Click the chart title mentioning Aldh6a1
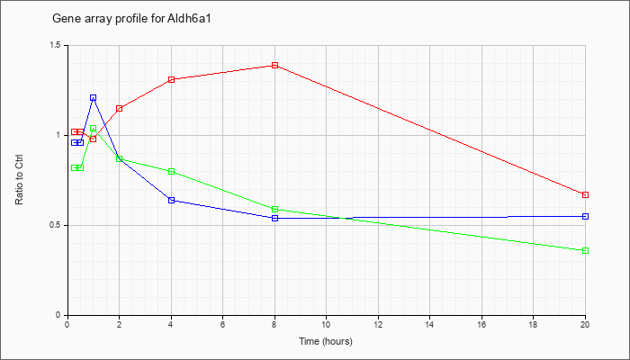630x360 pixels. point(131,19)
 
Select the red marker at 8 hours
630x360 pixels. point(274,65)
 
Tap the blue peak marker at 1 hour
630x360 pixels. point(94,97)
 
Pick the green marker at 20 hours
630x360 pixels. point(585,251)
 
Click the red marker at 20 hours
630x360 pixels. point(585,195)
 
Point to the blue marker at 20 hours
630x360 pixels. point(585,217)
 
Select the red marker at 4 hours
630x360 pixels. point(172,79)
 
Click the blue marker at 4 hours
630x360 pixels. point(172,200)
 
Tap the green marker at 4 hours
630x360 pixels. point(172,172)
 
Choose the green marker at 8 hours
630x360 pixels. point(274,210)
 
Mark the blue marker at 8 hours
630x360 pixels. point(274,218)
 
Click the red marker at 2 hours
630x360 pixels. point(120,109)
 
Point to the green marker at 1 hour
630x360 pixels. point(94,129)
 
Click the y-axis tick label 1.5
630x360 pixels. point(57,45)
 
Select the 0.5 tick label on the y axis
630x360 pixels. point(57,225)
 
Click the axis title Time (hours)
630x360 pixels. point(326,341)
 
